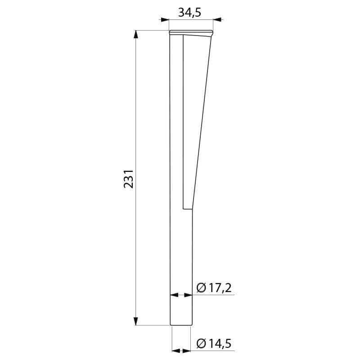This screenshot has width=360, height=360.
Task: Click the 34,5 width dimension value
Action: click(189, 13)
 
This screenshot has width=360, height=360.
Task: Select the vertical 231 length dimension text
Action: click(129, 179)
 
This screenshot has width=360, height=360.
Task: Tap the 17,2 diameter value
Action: click(220, 288)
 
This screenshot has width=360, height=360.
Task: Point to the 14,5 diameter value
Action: click(220, 343)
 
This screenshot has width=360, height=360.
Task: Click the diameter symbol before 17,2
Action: click(201, 288)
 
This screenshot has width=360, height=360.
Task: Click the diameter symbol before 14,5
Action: click(201, 344)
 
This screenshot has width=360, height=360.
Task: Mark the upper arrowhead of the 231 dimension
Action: click(136, 35)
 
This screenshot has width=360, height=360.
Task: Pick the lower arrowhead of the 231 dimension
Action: click(136, 321)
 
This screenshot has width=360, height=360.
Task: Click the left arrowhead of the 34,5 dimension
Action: click(164, 20)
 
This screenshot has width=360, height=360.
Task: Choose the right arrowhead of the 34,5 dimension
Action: click(217, 20)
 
